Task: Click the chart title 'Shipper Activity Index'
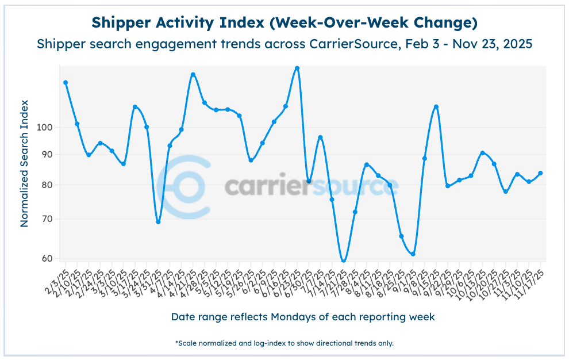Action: pyautogui.click(x=284, y=23)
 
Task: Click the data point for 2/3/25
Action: pyautogui.click(x=66, y=83)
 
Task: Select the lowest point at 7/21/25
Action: pyautogui.click(x=344, y=262)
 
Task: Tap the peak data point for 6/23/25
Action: pyautogui.click(x=297, y=68)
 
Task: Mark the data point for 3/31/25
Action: pyautogui.click(x=158, y=222)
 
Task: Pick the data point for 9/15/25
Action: pyautogui.click(x=436, y=107)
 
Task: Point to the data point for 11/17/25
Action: pyautogui.click(x=540, y=173)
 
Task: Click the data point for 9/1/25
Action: pyautogui.click(x=413, y=254)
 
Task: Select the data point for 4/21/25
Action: pyautogui.click(x=193, y=75)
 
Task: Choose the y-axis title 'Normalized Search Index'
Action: pyautogui.click(x=25, y=163)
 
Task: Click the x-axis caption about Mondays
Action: pyautogui.click(x=303, y=317)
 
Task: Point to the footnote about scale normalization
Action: pyautogui.click(x=284, y=343)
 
